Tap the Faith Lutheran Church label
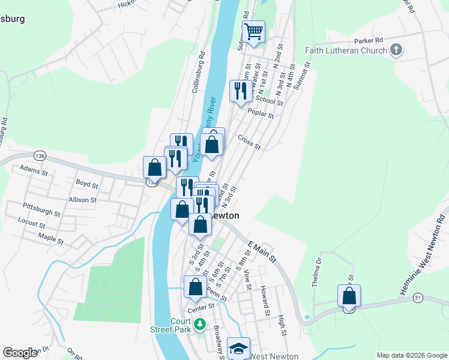tap(347, 50)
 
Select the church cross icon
tap(396, 50)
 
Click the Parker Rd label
tap(368, 40)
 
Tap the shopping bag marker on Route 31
tap(349, 296)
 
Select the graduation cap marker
tap(238, 348)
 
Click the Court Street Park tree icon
tap(200, 327)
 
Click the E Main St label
tap(261, 250)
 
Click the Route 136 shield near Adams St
tap(40, 155)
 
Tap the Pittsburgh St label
tap(42, 213)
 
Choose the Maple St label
tap(50, 238)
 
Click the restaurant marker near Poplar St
tap(240, 91)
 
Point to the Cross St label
tap(249, 142)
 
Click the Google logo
tap(20, 353)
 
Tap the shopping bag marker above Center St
tap(195, 287)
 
